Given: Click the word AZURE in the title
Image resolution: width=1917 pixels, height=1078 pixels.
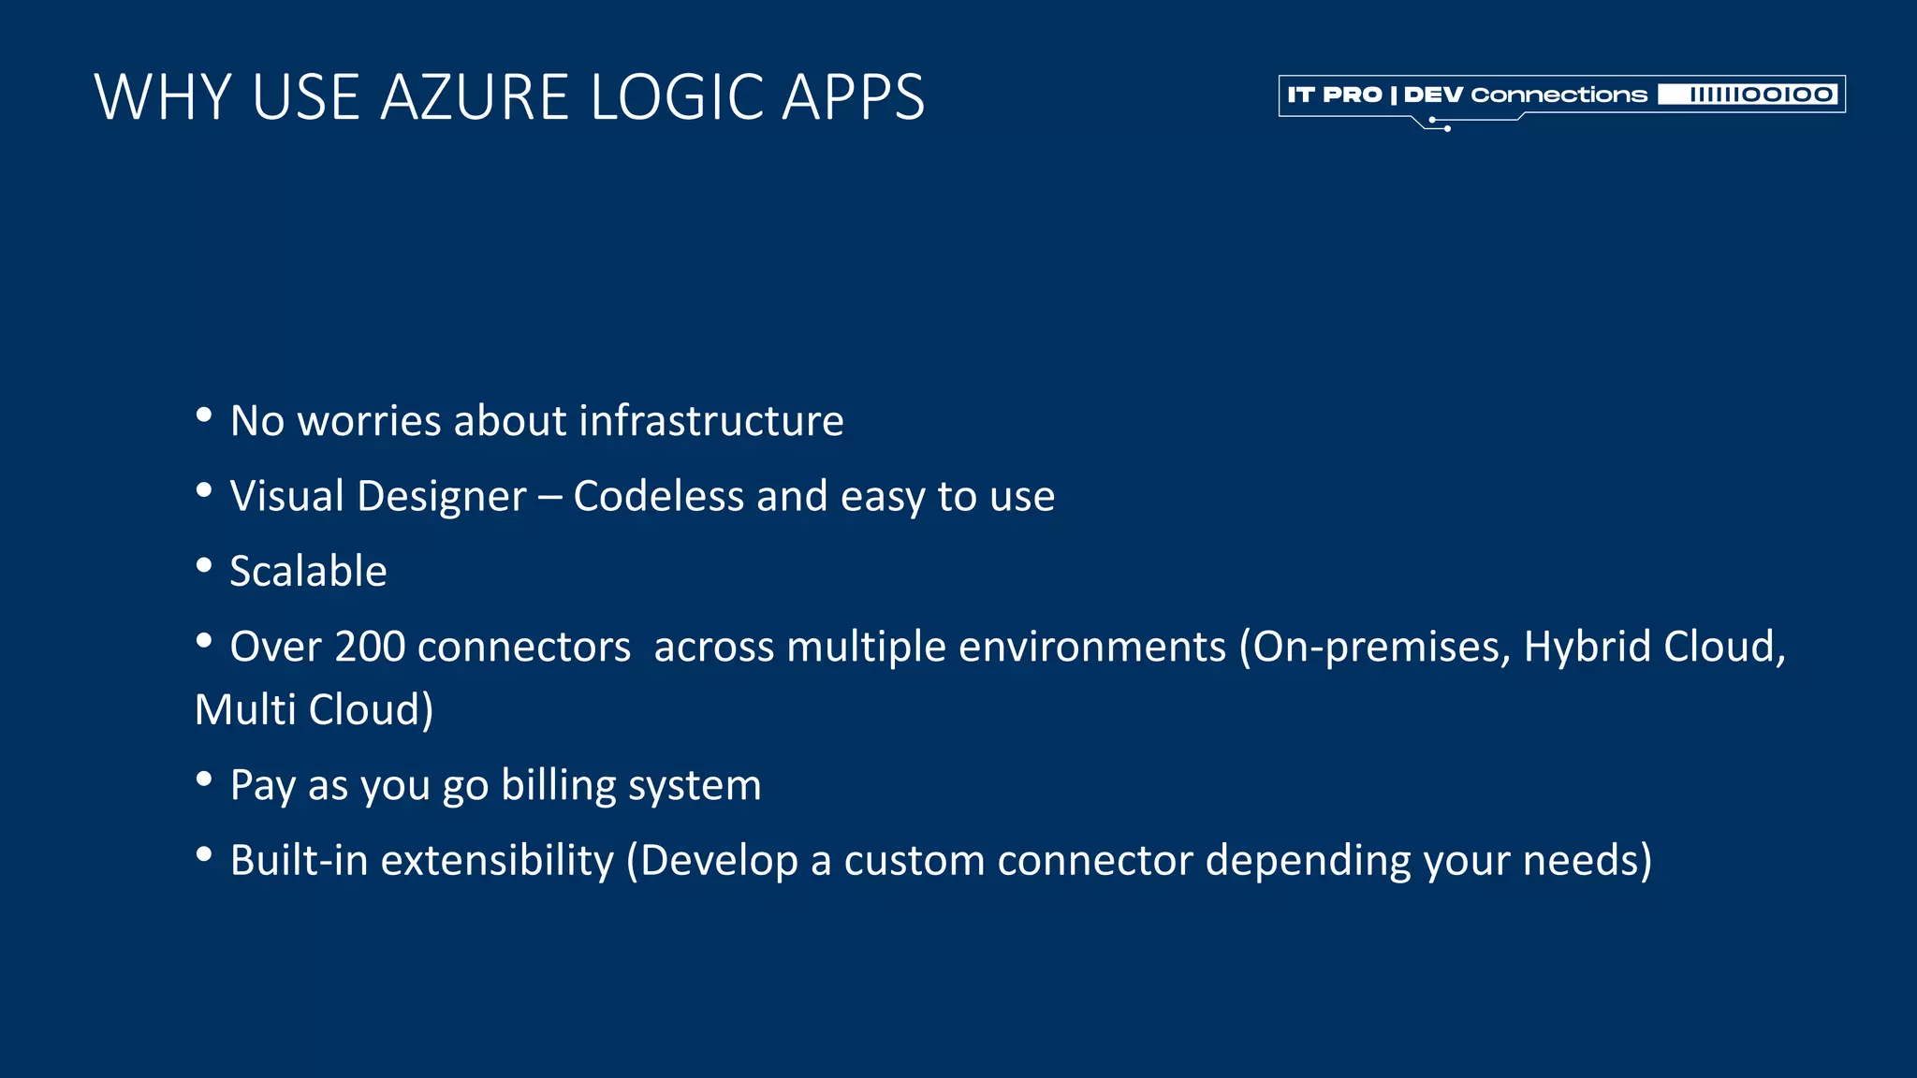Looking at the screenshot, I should [x=475, y=97].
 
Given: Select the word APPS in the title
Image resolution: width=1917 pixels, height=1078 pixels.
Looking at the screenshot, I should [x=853, y=97].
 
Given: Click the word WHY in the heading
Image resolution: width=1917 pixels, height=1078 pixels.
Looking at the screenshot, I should [x=164, y=97].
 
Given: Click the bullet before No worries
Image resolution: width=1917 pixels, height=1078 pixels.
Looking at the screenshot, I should [x=204, y=415].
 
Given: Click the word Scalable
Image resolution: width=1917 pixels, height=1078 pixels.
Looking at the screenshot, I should [x=308, y=572].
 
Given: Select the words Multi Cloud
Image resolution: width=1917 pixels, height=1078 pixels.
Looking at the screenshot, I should [x=313, y=709].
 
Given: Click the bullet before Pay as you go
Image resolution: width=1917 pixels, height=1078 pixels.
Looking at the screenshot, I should [x=204, y=779].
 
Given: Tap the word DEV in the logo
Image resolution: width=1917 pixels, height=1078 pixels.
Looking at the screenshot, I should [x=1432, y=95].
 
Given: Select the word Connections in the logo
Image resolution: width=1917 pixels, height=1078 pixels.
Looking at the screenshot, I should [x=1558, y=95].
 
